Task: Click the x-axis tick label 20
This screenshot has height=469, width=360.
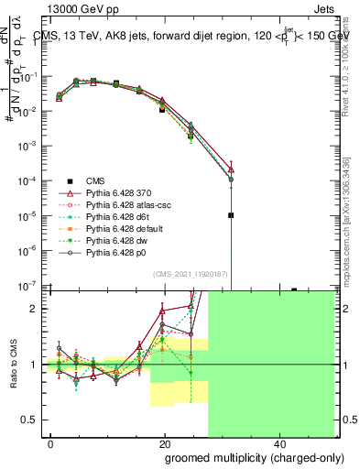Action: point(164,443)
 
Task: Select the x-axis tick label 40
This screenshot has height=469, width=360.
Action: point(278,443)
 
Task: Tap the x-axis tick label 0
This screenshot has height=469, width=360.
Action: point(51,443)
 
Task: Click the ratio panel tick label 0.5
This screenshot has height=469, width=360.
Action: point(29,420)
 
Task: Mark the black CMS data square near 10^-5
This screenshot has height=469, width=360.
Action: point(231,215)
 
